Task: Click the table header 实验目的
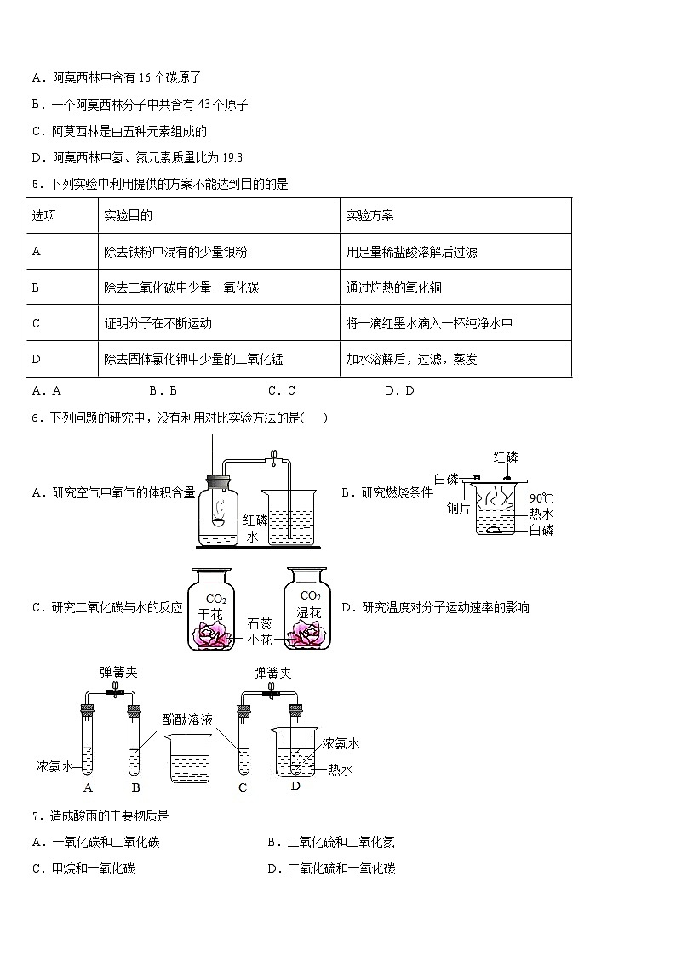pos(128,216)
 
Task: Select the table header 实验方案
pos(370,216)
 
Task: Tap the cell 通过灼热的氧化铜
pos(394,287)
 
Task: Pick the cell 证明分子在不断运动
pos(158,323)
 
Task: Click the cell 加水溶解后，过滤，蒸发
pos(411,360)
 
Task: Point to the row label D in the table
pos(36,360)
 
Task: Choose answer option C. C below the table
pos(282,391)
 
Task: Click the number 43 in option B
pos(204,105)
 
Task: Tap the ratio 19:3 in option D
pos(232,158)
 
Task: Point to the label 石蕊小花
pos(260,632)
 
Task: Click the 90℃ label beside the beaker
pos(541,499)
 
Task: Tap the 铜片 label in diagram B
pos(458,508)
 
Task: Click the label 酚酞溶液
pos(187,720)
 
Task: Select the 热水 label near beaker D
pos(341,770)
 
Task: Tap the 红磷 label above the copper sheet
pos(506,458)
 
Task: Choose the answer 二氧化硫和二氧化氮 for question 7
pos(341,843)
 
